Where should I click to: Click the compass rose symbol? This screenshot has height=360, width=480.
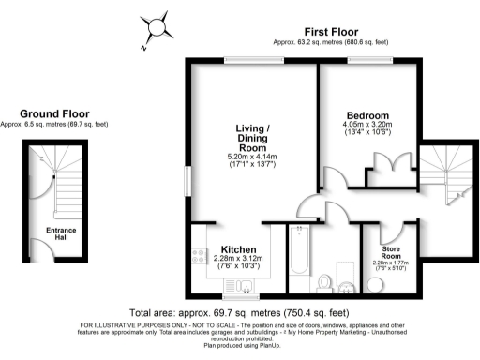click(x=155, y=27)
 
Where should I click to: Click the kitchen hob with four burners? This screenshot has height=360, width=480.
click(x=198, y=252)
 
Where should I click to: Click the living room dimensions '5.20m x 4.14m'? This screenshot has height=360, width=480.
click(x=249, y=158)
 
